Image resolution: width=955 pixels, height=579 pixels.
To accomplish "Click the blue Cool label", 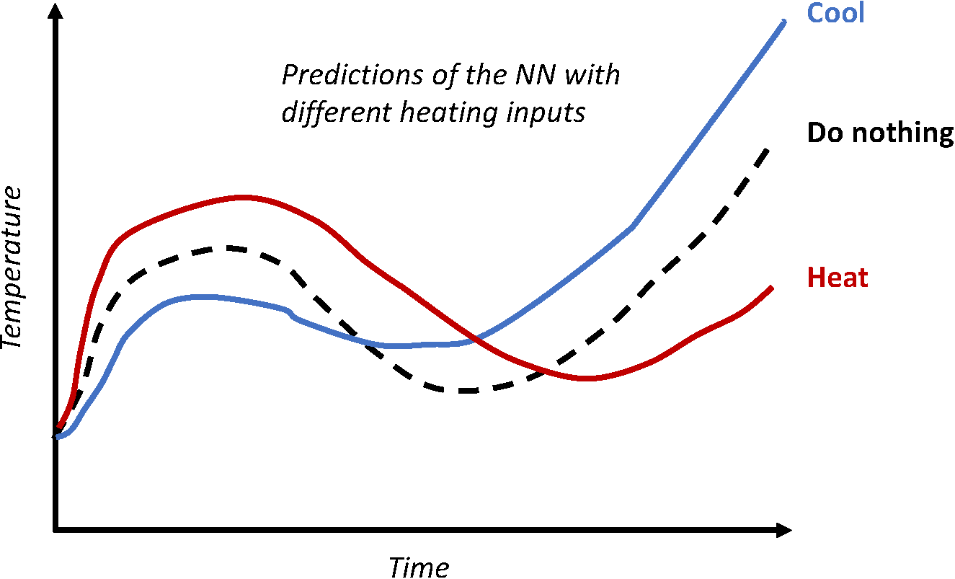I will (x=835, y=13).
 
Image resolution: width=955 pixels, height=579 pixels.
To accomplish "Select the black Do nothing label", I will (x=880, y=133).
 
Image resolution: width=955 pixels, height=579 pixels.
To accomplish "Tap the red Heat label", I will (x=838, y=278).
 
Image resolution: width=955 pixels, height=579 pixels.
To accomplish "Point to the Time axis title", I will (x=419, y=567).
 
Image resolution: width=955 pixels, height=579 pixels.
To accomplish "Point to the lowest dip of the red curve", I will (x=587, y=378).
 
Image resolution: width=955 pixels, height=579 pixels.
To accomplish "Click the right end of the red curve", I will (x=772, y=288).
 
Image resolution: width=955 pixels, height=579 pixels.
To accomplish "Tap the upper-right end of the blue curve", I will (x=783, y=22).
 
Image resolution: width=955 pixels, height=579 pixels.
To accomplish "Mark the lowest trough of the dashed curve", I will (x=465, y=390).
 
